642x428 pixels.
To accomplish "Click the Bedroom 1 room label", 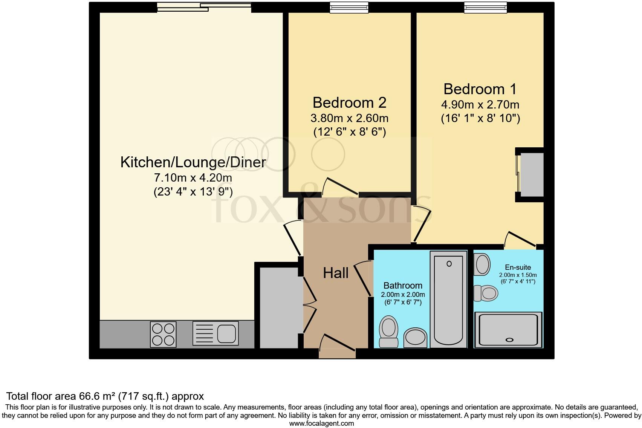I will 480,89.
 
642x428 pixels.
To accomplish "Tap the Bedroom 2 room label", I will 349,102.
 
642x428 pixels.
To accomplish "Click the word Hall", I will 335,273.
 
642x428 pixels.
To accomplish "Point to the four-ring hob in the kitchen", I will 163,333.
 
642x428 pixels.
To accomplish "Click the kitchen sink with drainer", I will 216,333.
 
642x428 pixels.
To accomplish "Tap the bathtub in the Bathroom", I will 448,300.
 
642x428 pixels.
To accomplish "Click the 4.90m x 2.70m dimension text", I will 480,105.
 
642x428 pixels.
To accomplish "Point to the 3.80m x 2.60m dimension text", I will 349,118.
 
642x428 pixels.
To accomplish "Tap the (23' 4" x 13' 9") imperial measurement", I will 193,192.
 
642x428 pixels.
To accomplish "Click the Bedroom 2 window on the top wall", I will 349,7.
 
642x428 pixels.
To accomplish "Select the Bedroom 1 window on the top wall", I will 485,7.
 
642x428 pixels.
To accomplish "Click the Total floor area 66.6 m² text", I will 105,396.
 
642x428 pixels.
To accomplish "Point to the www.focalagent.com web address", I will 321,423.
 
